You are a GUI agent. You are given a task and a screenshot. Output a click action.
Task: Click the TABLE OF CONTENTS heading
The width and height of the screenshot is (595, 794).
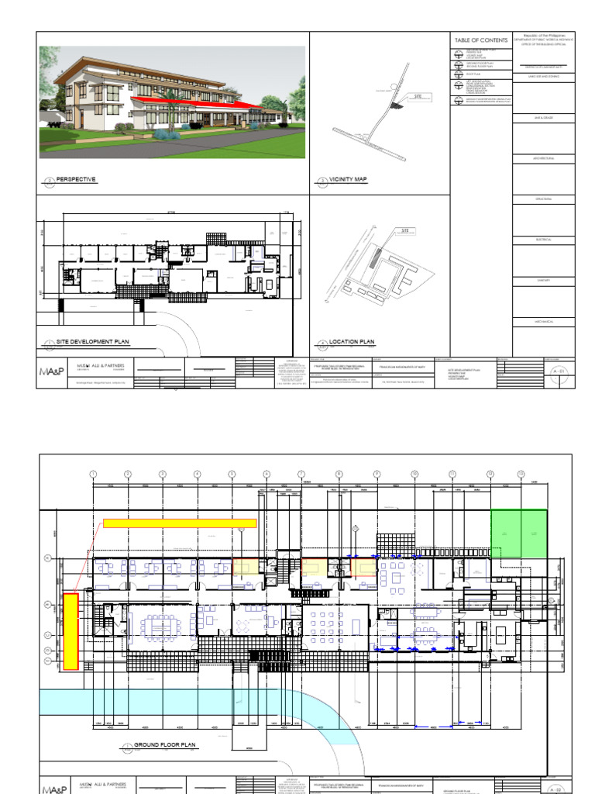(x=481, y=40)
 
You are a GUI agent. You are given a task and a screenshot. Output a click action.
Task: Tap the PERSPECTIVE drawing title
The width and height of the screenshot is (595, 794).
(x=75, y=179)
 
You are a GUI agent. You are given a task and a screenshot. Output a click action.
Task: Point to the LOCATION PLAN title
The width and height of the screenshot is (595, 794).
(x=352, y=341)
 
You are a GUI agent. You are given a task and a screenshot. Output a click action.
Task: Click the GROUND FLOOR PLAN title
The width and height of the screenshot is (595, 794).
(x=165, y=744)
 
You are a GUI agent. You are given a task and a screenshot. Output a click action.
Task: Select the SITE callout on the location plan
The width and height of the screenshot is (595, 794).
(x=404, y=231)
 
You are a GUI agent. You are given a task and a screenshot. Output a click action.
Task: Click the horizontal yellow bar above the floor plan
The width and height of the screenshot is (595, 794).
(x=180, y=523)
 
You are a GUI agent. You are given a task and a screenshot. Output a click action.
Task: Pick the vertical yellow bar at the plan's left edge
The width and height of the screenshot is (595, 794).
(x=71, y=630)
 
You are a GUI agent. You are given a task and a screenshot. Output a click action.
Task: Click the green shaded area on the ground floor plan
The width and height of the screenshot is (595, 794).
(x=518, y=534)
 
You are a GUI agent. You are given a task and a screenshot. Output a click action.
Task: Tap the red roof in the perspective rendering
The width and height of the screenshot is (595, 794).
(x=232, y=105)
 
